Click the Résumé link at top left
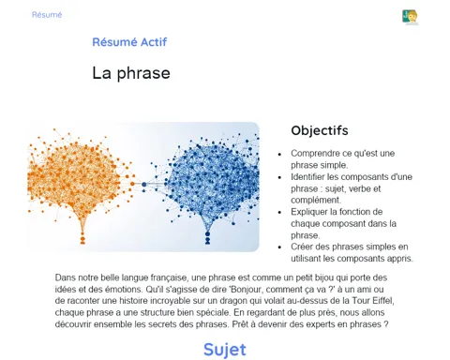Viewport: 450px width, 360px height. point(47,15)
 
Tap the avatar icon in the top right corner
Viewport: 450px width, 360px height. point(410,17)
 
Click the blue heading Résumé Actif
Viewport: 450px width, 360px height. point(129,42)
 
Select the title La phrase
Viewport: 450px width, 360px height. point(131,73)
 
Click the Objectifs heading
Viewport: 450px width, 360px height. point(320,130)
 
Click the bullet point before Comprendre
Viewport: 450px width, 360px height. point(279,154)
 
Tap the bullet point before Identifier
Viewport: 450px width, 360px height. point(279,177)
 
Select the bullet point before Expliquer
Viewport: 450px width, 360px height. point(279,213)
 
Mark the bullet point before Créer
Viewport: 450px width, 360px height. point(279,247)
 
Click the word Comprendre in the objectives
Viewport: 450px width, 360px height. point(311,154)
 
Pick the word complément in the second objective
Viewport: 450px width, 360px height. point(316,200)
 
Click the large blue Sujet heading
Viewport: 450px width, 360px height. point(225,350)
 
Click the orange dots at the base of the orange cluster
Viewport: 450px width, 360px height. point(82,238)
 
